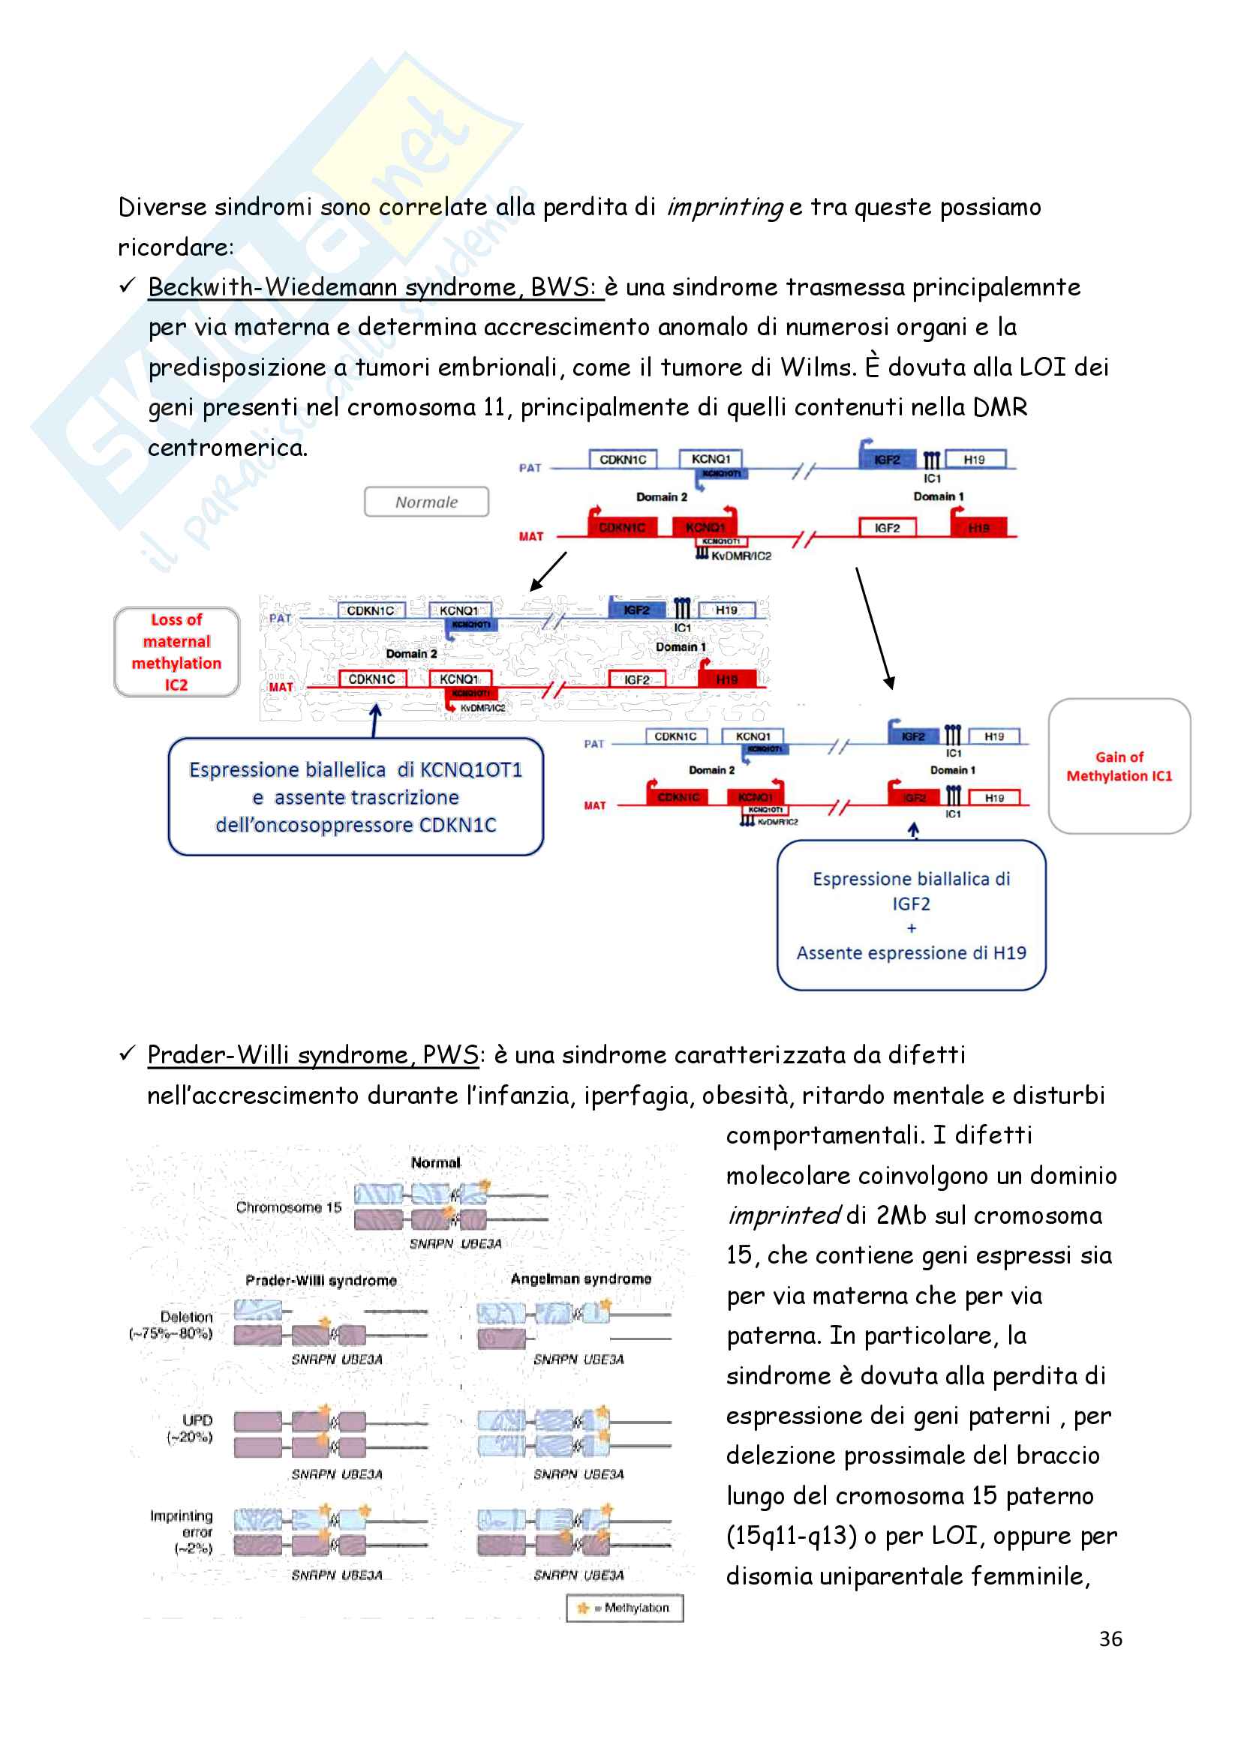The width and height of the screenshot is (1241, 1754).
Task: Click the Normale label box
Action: click(425, 502)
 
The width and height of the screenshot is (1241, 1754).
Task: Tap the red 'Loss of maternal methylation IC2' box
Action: click(176, 652)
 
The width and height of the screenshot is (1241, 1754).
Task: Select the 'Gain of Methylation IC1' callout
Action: click(1119, 766)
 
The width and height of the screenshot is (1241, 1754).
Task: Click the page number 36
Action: click(1110, 1638)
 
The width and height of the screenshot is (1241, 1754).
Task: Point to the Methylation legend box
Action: click(624, 1607)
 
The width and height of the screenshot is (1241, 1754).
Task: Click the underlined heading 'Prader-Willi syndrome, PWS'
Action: click(313, 1055)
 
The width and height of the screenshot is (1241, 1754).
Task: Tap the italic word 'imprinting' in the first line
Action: click(723, 208)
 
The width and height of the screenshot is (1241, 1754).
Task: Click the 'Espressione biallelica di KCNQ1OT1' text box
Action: click(356, 797)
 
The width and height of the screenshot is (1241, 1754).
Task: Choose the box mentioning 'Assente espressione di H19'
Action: click(911, 915)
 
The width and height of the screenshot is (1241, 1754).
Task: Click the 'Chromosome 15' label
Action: click(288, 1207)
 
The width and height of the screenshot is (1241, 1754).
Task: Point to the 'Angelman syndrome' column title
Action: click(581, 1279)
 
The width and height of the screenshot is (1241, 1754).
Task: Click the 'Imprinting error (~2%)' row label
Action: click(182, 1532)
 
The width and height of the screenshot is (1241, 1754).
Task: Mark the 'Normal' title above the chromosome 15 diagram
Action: click(436, 1163)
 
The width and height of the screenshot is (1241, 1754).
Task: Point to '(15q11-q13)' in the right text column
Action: click(791, 1536)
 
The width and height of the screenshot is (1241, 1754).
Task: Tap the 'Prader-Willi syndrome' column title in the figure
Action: click(321, 1280)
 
